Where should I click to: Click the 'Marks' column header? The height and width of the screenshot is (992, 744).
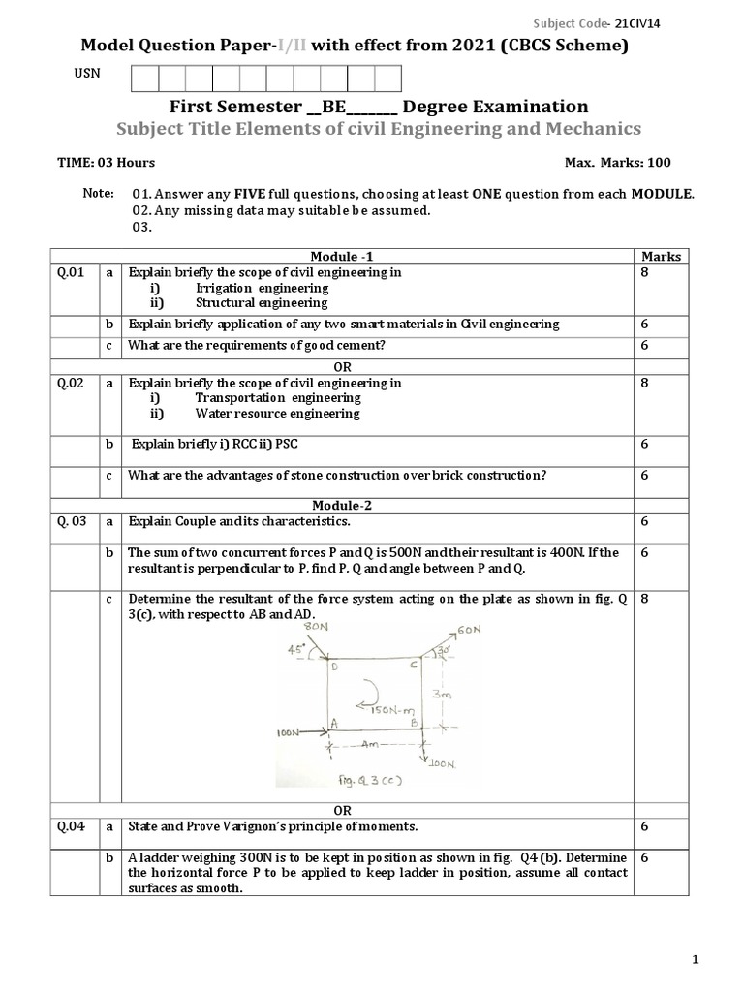coord(661,257)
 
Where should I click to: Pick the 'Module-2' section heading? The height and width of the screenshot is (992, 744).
coord(340,506)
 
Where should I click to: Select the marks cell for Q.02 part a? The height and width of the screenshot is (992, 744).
coord(645,383)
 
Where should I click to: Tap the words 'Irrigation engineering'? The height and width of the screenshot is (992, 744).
coord(262,288)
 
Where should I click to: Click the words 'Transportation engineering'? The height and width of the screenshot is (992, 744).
coord(277,398)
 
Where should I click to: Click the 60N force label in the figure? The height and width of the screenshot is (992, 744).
coord(468,631)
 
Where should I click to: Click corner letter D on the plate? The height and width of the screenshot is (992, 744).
coord(334,666)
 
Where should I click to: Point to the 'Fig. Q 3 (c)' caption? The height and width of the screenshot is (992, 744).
coord(364,780)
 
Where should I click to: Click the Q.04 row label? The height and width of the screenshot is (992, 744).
coord(72,826)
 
